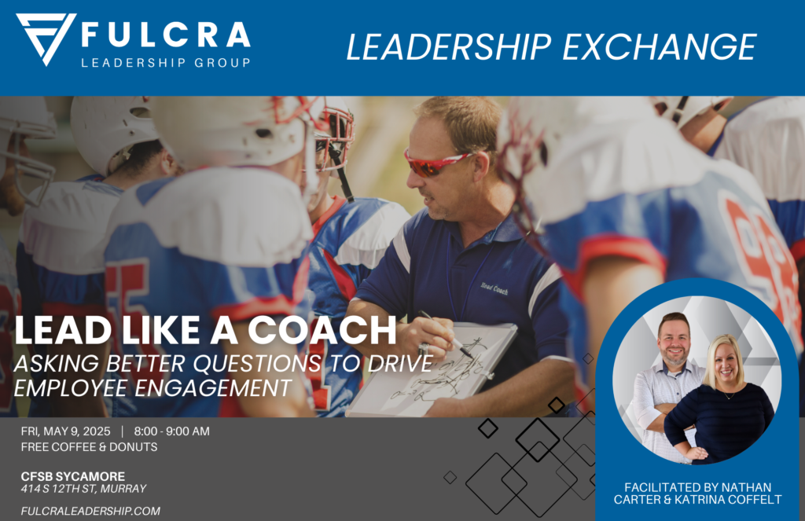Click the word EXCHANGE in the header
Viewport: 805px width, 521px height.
coord(660,47)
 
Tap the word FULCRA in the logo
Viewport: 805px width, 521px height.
coord(166,35)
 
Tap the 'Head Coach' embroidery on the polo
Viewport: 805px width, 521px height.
coord(494,288)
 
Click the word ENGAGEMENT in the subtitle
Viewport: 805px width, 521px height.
coord(213,388)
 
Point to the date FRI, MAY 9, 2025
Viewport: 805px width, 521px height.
coord(66,431)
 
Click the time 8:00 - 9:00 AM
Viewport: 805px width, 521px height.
coord(172,431)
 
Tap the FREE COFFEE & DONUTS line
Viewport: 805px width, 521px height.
coord(90,447)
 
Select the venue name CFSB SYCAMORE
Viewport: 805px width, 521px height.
coord(73,476)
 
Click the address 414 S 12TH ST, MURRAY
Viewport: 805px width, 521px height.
coord(83,489)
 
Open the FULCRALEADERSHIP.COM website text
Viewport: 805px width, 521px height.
coord(91,512)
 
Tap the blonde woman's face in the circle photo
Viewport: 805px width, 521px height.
coord(726,363)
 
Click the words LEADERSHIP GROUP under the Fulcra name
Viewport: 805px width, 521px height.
coord(166,63)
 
